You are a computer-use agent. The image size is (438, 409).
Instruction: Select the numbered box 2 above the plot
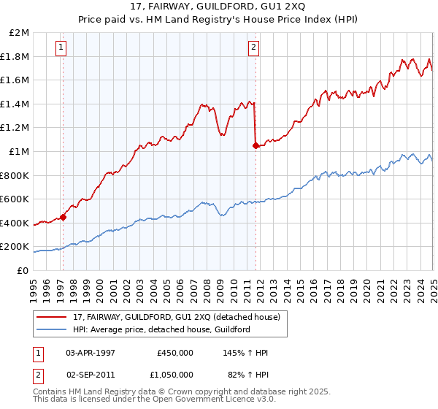(x=253, y=48)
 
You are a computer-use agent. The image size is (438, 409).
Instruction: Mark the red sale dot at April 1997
(x=64, y=216)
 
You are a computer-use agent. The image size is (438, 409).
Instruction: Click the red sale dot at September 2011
(x=255, y=145)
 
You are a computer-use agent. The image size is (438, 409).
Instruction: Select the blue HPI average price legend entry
(x=161, y=329)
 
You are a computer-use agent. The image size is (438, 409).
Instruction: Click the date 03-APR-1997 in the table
(x=91, y=353)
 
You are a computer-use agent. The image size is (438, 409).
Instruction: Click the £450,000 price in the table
(x=175, y=353)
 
